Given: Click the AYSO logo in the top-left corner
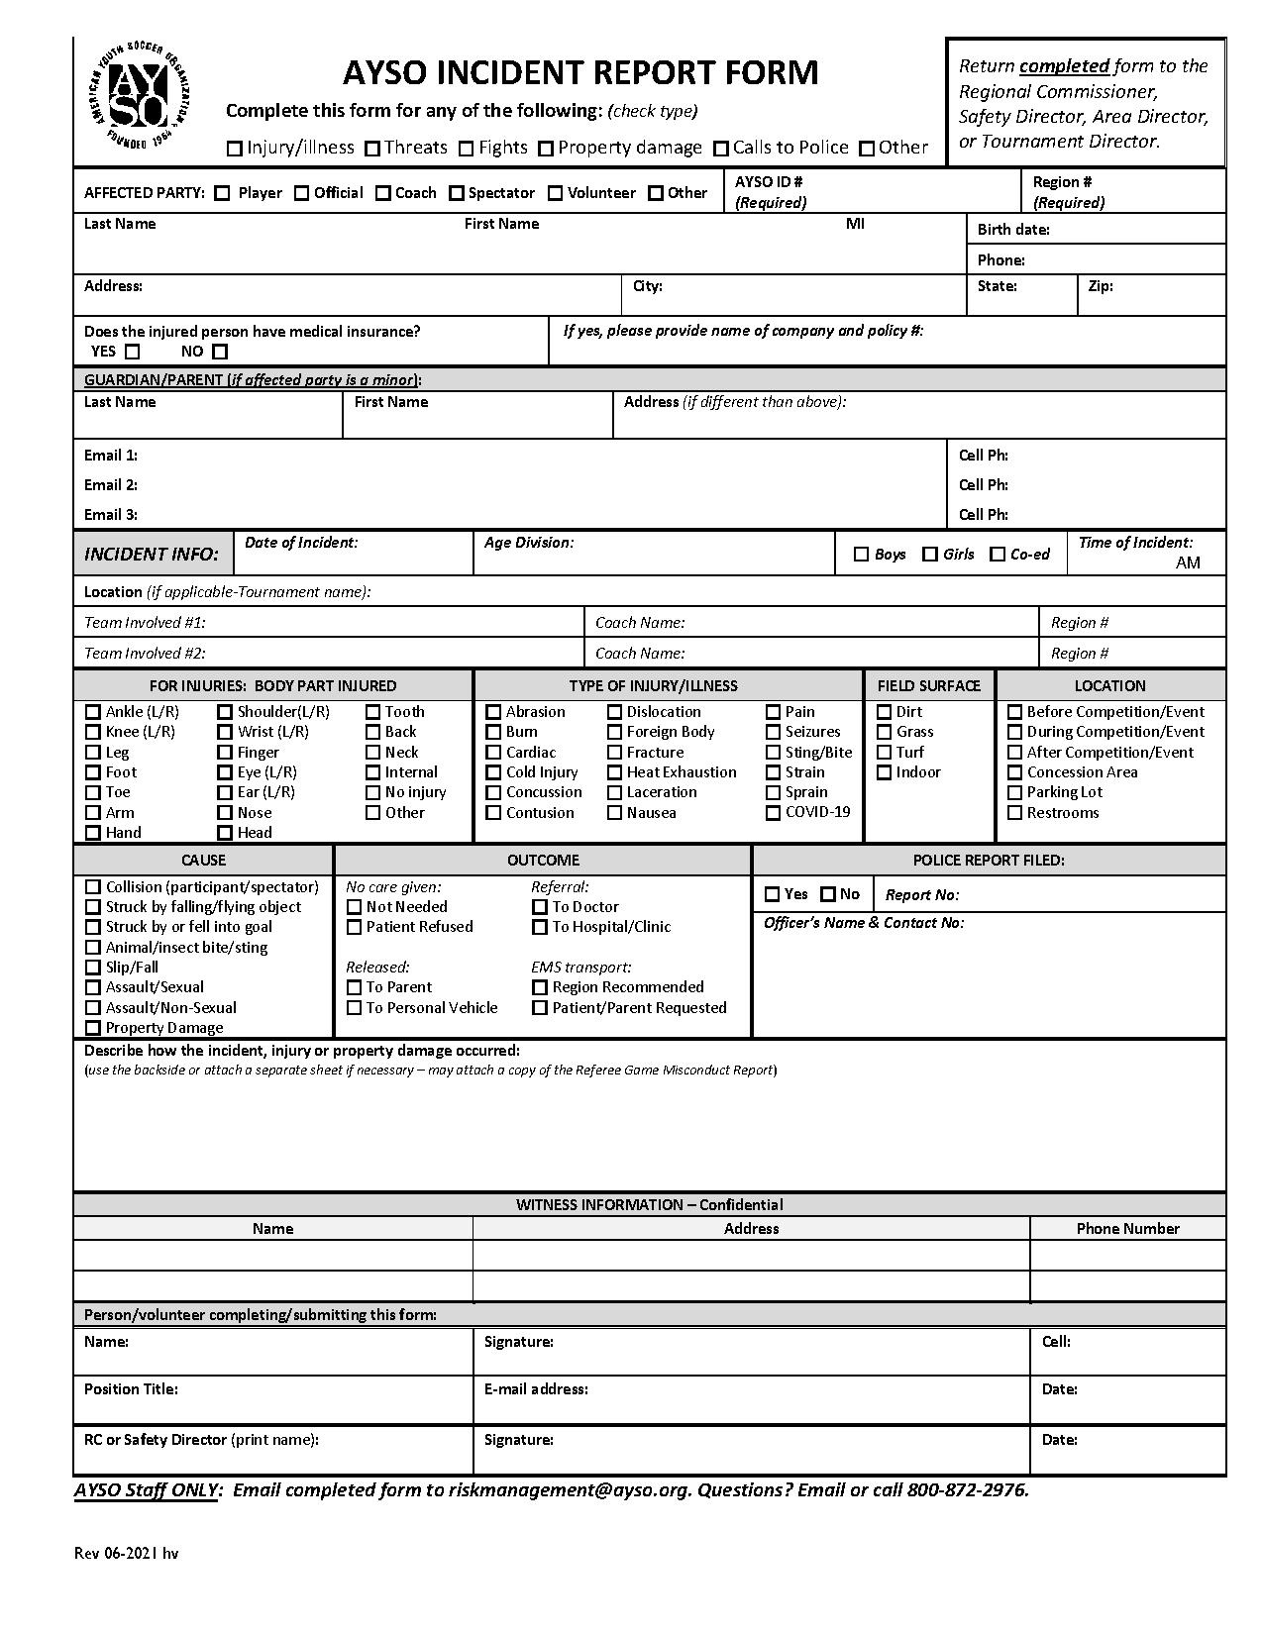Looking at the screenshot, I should tap(139, 96).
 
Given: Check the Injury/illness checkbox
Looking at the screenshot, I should tap(235, 149).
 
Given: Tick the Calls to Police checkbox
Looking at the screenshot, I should tap(721, 149).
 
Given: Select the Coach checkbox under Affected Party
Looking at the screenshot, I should tap(383, 193).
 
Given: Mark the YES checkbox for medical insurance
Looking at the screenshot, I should tap(133, 352).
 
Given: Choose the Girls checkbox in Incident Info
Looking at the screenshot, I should tap(930, 555).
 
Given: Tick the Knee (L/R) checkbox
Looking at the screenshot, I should tap(93, 732).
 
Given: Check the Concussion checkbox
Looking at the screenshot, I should tap(493, 792).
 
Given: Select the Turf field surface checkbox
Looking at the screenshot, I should tap(885, 753).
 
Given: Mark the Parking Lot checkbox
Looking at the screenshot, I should tap(1014, 792).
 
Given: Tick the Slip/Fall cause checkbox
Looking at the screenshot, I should tap(93, 968).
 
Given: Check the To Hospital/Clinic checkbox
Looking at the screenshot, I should tap(540, 927).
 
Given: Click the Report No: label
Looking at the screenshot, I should tap(921, 895).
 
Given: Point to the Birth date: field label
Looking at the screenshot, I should tap(1013, 230).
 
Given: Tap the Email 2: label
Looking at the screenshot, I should tap(111, 485).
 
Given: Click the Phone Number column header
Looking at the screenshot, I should tap(1127, 1229).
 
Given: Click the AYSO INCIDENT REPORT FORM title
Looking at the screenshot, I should tap(580, 73).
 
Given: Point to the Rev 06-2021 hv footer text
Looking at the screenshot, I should tap(127, 1553).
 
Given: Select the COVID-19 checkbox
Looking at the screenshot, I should tap(773, 813).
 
